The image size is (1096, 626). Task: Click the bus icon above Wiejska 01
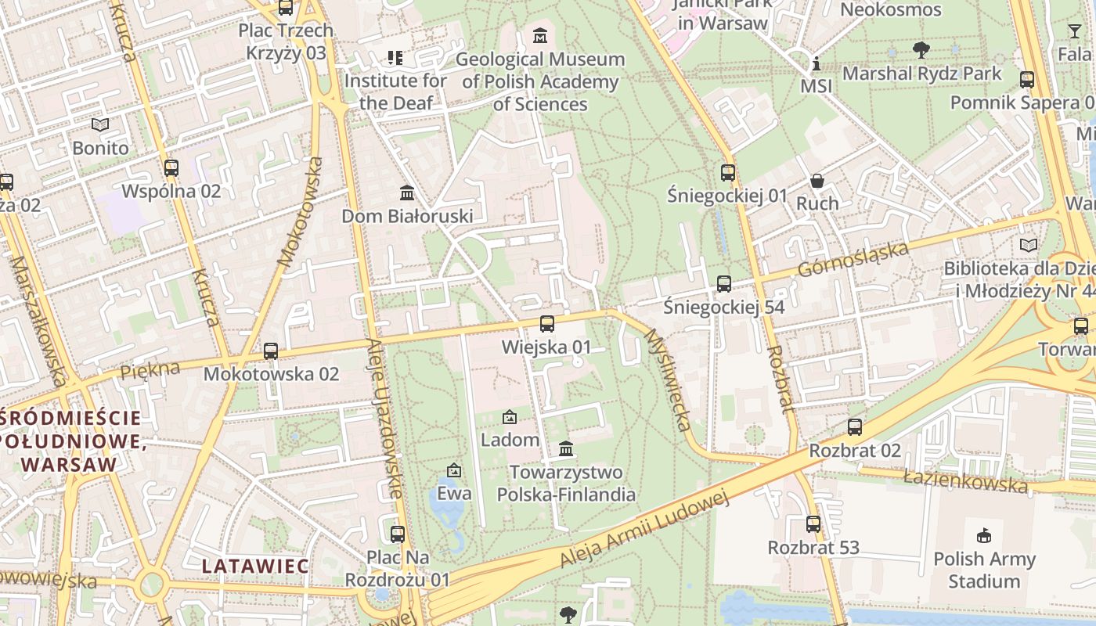pyautogui.click(x=547, y=323)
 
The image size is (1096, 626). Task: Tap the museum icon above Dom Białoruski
pyautogui.click(x=407, y=192)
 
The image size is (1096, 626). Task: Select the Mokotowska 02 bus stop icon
pyautogui.click(x=271, y=351)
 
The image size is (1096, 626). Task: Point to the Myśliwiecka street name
pyautogui.click(x=668, y=380)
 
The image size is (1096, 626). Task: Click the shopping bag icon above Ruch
pyautogui.click(x=817, y=181)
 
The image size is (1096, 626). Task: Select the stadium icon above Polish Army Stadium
pyautogui.click(x=984, y=536)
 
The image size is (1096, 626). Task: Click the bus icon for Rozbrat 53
pyautogui.click(x=813, y=524)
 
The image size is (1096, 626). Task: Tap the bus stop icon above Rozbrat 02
pyautogui.click(x=855, y=427)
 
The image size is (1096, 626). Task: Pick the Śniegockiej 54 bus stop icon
pyautogui.click(x=724, y=284)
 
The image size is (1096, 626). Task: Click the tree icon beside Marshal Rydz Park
pyautogui.click(x=921, y=50)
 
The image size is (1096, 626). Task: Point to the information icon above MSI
pyautogui.click(x=817, y=63)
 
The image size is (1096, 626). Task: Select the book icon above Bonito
pyautogui.click(x=100, y=124)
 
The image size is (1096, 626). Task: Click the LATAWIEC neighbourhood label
pyautogui.click(x=255, y=565)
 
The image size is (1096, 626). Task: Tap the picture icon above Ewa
pyautogui.click(x=454, y=470)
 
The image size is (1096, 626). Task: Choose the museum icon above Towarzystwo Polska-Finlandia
pyautogui.click(x=566, y=449)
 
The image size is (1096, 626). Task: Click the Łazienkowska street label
pyautogui.click(x=964, y=481)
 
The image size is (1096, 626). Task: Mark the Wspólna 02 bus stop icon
pyautogui.click(x=171, y=167)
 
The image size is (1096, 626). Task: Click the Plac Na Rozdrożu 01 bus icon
pyautogui.click(x=398, y=534)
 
